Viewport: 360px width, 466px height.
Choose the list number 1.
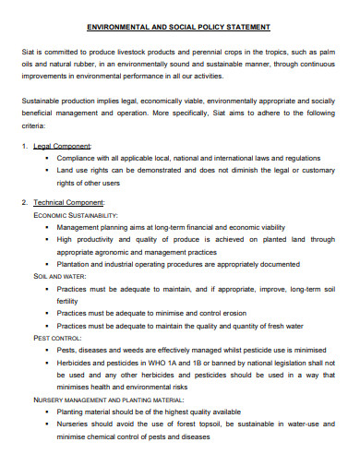(24, 146)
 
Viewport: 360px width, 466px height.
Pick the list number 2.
(24, 201)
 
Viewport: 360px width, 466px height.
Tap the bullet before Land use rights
(45, 171)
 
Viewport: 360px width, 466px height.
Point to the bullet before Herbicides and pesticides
(45, 363)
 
